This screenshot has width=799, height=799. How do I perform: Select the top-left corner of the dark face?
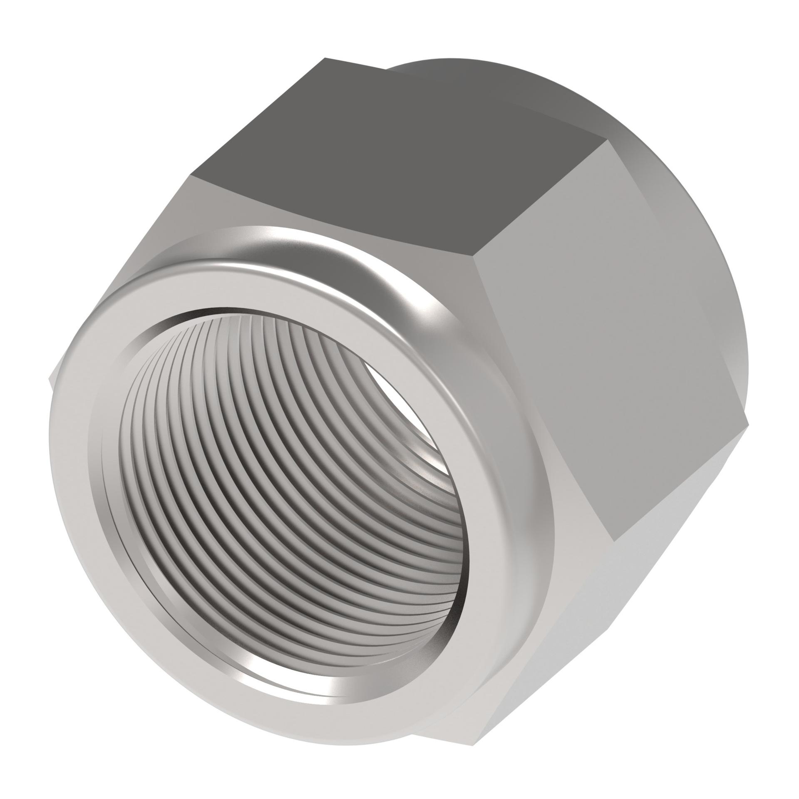325,58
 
